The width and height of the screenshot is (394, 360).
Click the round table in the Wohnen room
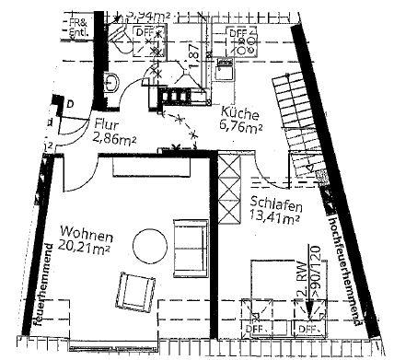point(149,244)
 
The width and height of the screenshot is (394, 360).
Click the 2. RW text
point(303,291)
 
